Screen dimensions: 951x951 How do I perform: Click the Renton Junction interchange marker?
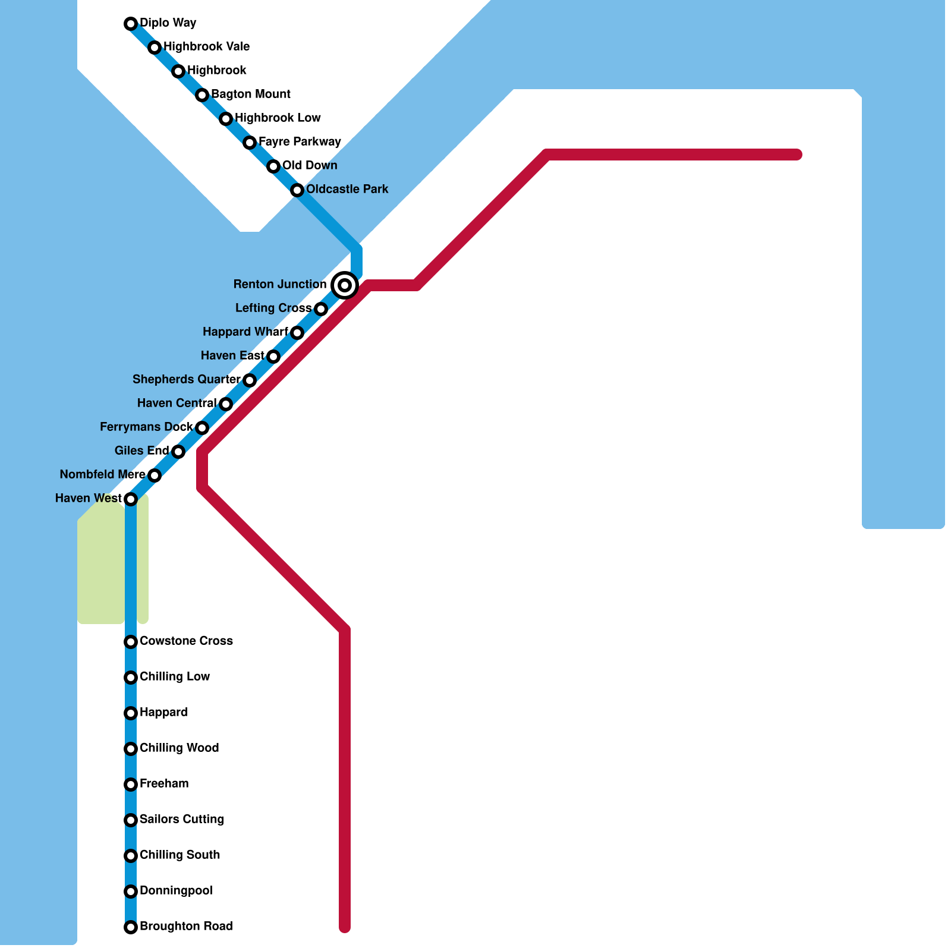[x=345, y=285]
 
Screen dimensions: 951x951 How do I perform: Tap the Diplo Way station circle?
[x=131, y=24]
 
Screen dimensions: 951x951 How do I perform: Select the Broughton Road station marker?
[x=131, y=927]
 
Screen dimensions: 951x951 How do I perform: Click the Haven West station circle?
[x=131, y=499]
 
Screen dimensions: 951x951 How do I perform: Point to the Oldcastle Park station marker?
[x=297, y=190]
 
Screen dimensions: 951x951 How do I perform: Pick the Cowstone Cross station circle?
[x=131, y=642]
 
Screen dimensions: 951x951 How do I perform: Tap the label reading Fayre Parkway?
[x=300, y=142]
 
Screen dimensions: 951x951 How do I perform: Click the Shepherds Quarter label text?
[x=187, y=380]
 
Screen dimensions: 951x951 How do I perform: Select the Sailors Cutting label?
[x=181, y=820]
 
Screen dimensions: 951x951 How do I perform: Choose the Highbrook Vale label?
[x=206, y=47]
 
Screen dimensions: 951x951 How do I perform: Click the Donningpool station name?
[x=176, y=891]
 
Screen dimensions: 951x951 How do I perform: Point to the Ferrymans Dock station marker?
[x=202, y=428]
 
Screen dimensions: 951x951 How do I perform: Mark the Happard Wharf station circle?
[x=297, y=333]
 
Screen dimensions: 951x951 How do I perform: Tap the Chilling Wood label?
[x=179, y=748]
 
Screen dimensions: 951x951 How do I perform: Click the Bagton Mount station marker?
[x=202, y=95]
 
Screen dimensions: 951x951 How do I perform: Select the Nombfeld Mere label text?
[x=102, y=475]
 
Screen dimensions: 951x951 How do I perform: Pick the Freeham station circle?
[x=131, y=785]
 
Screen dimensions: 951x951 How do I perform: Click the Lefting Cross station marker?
[x=321, y=309]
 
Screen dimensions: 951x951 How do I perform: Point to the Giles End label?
[x=141, y=451]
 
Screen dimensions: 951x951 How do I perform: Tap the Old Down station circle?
[x=273, y=166]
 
